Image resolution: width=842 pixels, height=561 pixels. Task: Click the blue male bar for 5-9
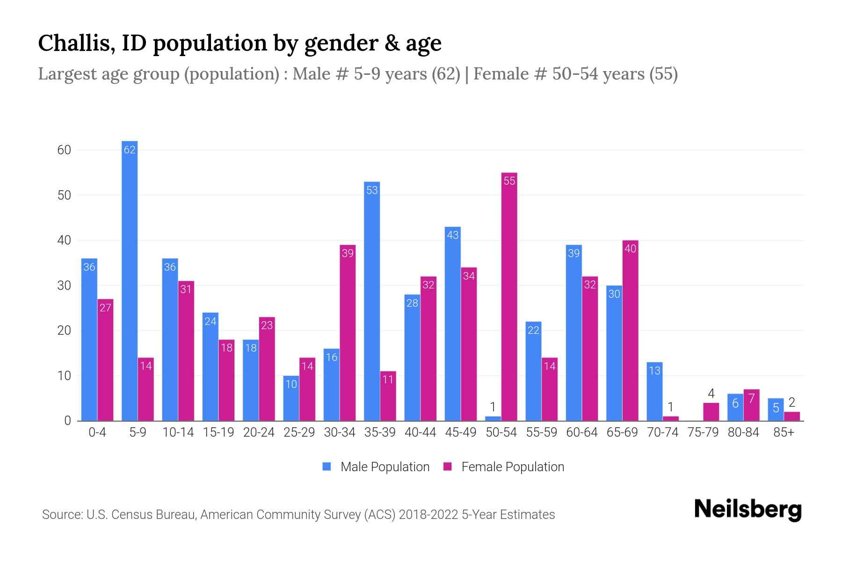(130, 280)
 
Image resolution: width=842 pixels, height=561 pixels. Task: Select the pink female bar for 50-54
(509, 297)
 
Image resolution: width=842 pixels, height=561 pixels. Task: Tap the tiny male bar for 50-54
(493, 418)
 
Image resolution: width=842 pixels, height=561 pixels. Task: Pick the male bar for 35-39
(372, 302)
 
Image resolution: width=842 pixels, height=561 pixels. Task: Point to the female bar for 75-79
(711, 412)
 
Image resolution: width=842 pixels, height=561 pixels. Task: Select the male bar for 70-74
(654, 391)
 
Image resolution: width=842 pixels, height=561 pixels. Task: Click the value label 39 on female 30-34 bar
(348, 253)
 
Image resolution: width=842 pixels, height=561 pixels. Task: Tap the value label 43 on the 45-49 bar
(452, 235)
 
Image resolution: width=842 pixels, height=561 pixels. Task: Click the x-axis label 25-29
(299, 432)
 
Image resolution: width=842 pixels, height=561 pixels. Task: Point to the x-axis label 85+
(784, 432)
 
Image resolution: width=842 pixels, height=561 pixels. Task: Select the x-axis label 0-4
(97, 432)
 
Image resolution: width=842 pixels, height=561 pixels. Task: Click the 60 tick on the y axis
(64, 150)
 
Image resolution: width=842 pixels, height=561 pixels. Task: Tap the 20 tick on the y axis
(64, 331)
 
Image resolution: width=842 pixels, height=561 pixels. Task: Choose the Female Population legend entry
(504, 467)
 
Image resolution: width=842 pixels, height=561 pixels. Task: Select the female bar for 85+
(792, 416)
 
